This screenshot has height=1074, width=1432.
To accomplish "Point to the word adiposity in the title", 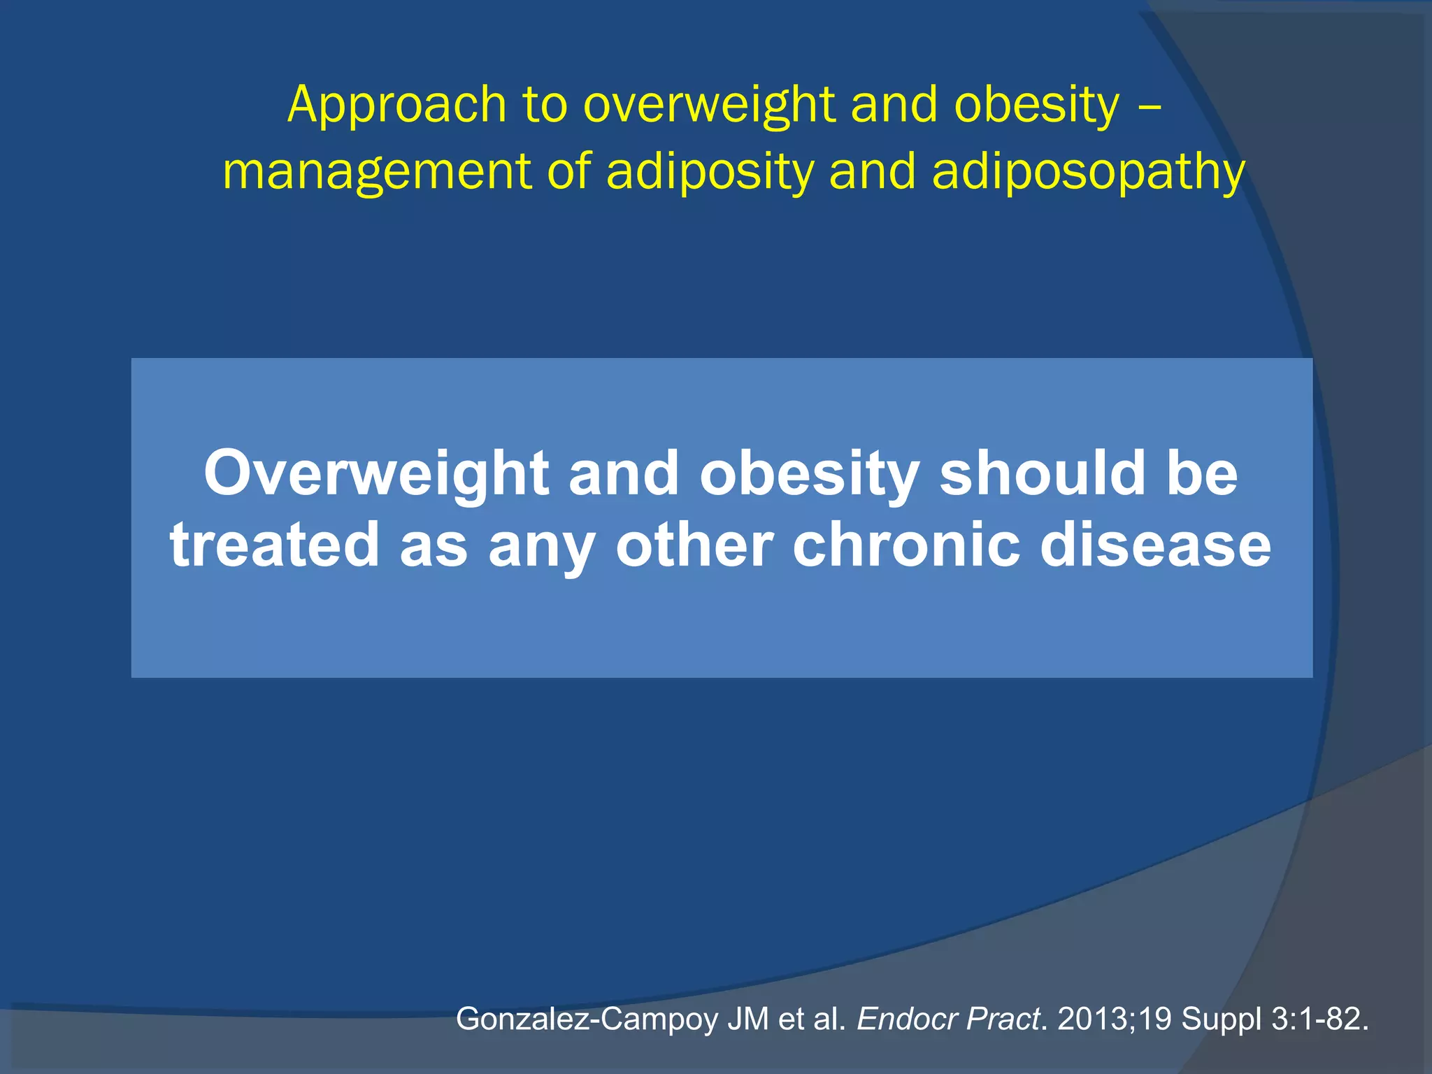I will click(710, 172).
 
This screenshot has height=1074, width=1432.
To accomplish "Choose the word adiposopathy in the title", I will click(1089, 172).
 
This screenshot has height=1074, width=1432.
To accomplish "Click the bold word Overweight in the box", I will click(375, 475).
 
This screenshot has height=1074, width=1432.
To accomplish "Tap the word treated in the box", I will click(274, 545).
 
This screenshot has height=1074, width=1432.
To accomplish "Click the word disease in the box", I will click(1155, 545).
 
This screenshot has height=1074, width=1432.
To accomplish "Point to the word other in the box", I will click(694, 545).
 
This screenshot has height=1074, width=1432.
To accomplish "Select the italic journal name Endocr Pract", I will click(948, 1019).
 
